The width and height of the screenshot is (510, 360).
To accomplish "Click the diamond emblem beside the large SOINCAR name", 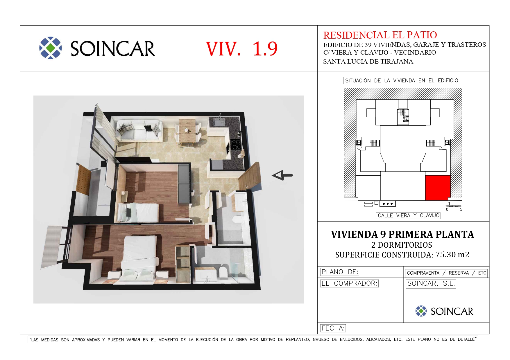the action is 51,48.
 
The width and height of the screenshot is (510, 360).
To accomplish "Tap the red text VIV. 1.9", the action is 242,48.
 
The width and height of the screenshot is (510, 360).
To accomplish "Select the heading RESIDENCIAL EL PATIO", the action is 380,35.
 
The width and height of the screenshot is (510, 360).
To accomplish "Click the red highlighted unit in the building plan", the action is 438,188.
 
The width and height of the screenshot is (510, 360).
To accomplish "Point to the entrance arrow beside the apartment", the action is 282,175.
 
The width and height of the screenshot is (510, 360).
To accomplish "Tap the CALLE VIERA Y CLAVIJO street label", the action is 408,215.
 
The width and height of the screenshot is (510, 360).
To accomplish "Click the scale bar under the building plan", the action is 454,206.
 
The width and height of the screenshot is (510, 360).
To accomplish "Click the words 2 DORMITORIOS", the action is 402,245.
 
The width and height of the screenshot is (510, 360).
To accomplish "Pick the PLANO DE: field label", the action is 340,272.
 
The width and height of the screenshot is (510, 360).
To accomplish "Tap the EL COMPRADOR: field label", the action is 349,283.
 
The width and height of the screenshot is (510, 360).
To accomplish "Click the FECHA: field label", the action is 333,328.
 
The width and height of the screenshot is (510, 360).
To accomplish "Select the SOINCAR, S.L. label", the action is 431,284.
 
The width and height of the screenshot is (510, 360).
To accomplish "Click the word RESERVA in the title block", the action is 459,273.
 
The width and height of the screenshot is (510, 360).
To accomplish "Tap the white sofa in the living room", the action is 139,131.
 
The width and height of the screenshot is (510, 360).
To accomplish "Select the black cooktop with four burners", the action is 236,144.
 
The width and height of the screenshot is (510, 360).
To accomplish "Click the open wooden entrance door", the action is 249,176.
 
